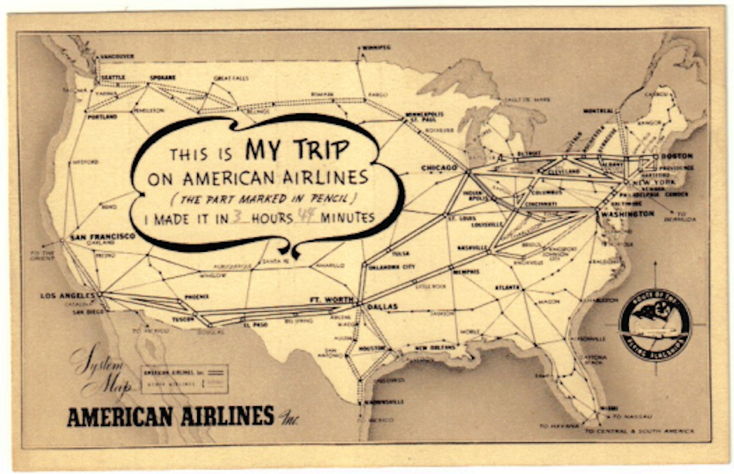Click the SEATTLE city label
110,78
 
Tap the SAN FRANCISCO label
102,237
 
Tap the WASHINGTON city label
628,214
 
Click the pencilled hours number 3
237,216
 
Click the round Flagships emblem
654,325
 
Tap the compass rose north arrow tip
654,263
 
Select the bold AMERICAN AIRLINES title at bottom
171,416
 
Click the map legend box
184,378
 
